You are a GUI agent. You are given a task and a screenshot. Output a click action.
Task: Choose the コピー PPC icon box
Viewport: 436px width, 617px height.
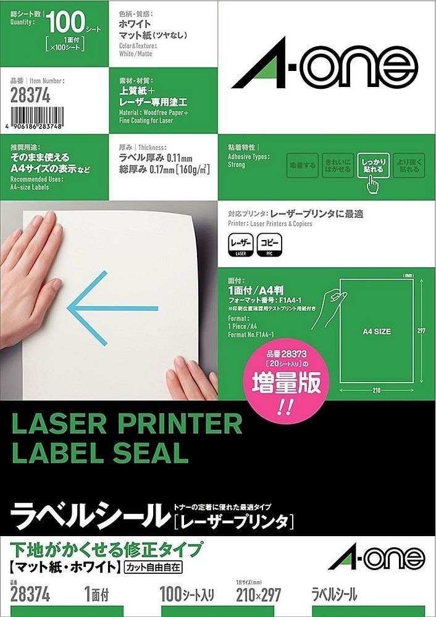tap(270, 245)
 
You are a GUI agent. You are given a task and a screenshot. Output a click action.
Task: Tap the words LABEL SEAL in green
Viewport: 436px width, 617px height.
tap(99, 453)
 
